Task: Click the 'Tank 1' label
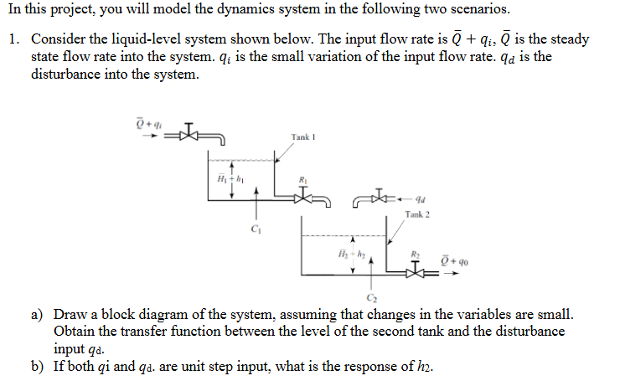(x=302, y=136)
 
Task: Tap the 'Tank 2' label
(x=416, y=215)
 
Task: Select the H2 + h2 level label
(x=344, y=254)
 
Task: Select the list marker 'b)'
(x=39, y=366)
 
